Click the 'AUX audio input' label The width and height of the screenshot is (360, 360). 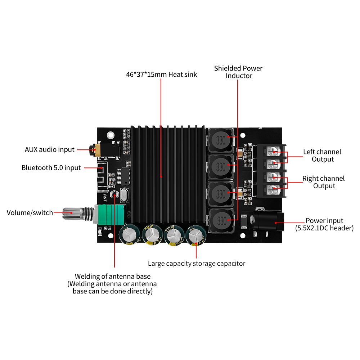point(49,149)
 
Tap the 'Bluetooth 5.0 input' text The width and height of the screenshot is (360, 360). point(51,168)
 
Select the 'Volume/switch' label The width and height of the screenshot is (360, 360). point(30,213)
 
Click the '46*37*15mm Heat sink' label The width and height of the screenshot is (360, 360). point(161,75)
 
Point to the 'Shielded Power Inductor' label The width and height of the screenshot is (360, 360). point(238,72)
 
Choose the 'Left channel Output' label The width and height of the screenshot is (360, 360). point(322,156)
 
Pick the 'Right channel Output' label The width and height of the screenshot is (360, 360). point(323,182)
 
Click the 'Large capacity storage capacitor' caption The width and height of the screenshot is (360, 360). point(197,264)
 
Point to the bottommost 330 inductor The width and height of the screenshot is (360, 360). point(221,220)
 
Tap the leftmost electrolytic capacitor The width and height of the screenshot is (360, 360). point(129,237)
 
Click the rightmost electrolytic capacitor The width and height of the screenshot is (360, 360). point(195,237)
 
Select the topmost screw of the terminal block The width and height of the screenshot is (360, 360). point(274,151)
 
